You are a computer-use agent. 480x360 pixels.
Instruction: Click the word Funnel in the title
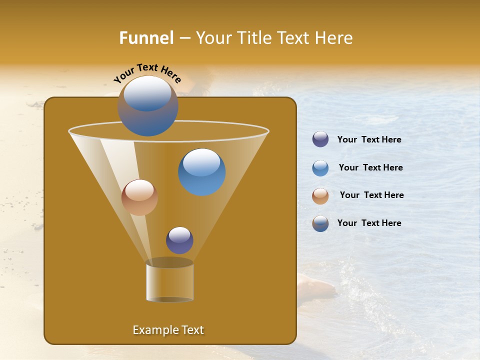coord(146,38)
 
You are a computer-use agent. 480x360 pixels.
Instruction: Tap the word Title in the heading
coord(253,38)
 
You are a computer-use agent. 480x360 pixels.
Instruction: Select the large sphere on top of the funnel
coord(147,105)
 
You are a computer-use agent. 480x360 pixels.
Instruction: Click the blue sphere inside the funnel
coord(201,171)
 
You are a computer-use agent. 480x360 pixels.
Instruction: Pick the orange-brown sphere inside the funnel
coord(139,197)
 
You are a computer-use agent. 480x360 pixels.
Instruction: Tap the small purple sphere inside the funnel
coord(179,240)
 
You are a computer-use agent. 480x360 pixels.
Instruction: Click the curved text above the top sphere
coord(147,72)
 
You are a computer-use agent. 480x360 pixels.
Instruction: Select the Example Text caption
coord(168,330)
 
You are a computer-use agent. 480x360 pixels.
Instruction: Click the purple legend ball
coord(320,139)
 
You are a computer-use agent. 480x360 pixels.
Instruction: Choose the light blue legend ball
coord(320,168)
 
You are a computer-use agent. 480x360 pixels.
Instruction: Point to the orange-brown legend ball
coord(320,196)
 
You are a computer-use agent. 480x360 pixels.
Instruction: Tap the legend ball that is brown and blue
coord(320,223)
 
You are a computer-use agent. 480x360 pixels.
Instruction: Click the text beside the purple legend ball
coord(369,140)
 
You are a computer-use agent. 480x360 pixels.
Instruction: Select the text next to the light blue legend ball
coord(370,168)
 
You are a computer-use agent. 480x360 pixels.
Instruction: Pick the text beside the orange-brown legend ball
coord(371,195)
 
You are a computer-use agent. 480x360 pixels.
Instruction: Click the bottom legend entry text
coord(369,223)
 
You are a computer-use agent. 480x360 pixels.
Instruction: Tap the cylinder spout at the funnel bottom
coord(169,281)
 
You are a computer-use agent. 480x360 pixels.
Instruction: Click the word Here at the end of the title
coord(334,38)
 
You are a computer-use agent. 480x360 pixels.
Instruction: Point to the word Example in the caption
coord(152,330)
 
